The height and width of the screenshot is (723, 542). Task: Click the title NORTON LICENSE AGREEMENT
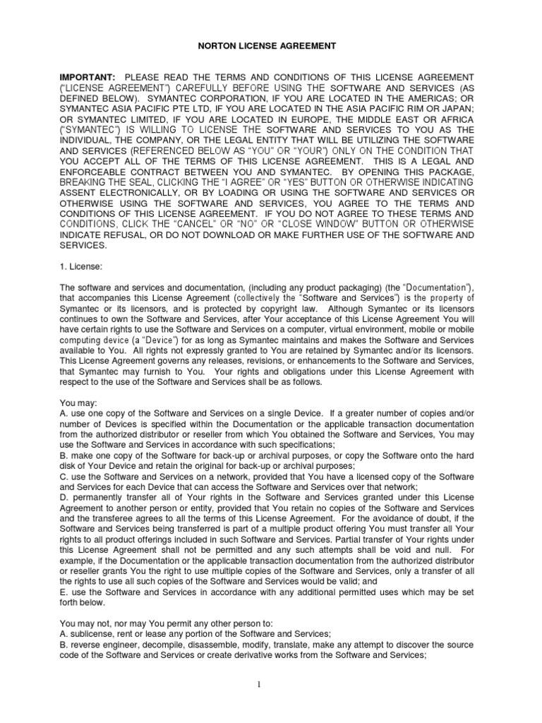pyautogui.click(x=271, y=46)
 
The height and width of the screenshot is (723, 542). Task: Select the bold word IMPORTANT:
pyautogui.click(x=88, y=76)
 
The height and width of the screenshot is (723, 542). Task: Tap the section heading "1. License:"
pyautogui.click(x=81, y=268)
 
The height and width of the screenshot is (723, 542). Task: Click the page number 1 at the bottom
pyautogui.click(x=271, y=683)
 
